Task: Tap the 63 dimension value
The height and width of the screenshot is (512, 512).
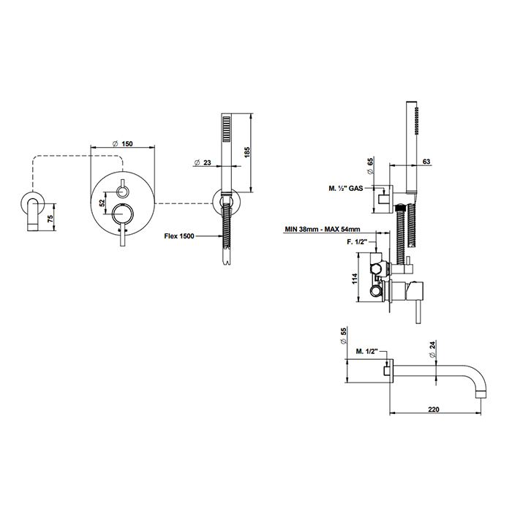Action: click(x=426, y=162)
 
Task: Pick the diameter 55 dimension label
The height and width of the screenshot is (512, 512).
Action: click(x=344, y=334)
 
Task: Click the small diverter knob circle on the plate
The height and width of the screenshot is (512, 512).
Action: click(x=122, y=192)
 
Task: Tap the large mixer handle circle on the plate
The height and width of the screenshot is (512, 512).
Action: click(x=122, y=215)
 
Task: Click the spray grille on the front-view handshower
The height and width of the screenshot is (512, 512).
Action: click(x=225, y=135)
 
